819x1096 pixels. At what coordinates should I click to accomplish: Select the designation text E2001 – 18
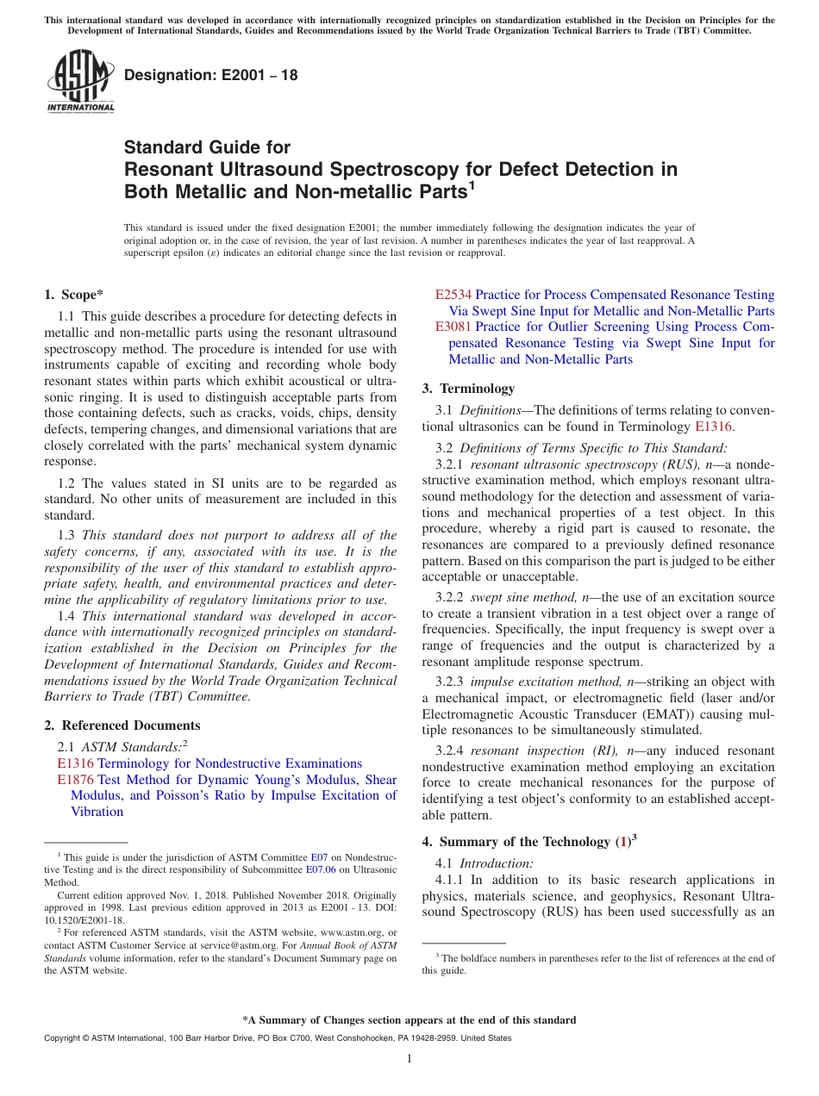pyautogui.click(x=211, y=76)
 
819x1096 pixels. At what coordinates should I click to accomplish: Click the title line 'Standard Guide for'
pyautogui.click(x=208, y=147)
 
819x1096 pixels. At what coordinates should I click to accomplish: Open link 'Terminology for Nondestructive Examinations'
pyautogui.click(x=229, y=763)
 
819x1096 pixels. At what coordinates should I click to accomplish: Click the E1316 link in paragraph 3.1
pyautogui.click(x=713, y=426)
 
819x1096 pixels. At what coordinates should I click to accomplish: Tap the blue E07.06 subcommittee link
pyautogui.click(x=321, y=870)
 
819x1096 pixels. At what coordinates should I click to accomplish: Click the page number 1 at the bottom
pyautogui.click(x=409, y=1059)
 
